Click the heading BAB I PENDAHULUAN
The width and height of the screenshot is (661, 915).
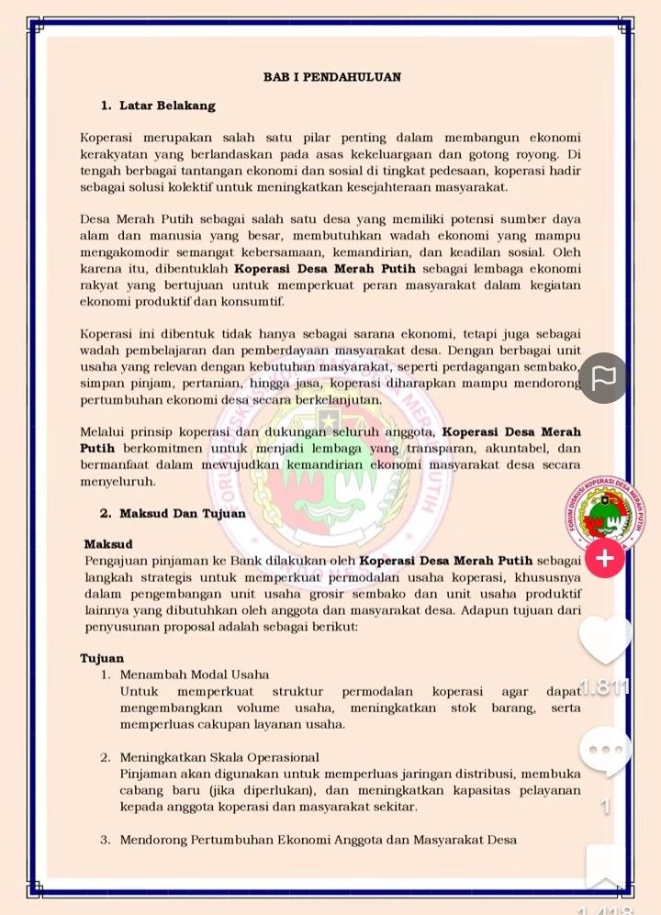pyautogui.click(x=331, y=77)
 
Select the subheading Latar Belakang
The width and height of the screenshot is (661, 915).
pyautogui.click(x=167, y=106)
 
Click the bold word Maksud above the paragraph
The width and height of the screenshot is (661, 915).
pyautogui.click(x=108, y=544)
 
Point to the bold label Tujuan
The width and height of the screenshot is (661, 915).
pyautogui.click(x=102, y=658)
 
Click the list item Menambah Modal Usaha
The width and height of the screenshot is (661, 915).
pyautogui.click(x=188, y=675)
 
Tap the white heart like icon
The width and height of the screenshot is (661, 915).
pyautogui.click(x=605, y=640)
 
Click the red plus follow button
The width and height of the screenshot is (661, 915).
pyautogui.click(x=605, y=557)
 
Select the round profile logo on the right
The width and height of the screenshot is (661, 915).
pyautogui.click(x=605, y=514)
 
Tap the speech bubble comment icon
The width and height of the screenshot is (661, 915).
pyautogui.click(x=605, y=752)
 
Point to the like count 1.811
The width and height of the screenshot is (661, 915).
pyautogui.click(x=605, y=686)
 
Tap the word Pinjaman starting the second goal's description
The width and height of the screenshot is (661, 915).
pyautogui.click(x=148, y=774)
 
